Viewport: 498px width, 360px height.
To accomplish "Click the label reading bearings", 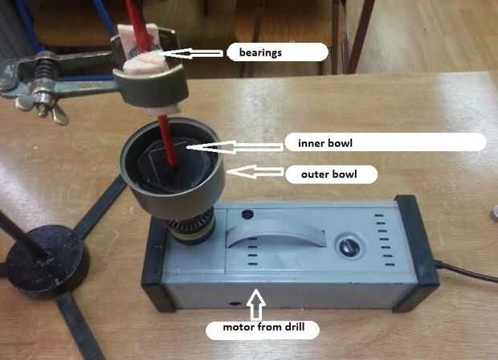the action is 260,52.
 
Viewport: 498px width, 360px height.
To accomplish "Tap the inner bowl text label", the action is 325,143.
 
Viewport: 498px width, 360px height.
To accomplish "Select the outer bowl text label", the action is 329,174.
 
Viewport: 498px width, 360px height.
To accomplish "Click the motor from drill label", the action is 263,327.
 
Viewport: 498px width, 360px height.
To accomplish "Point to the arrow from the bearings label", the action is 191,53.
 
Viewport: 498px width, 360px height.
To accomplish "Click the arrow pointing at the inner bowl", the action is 235,147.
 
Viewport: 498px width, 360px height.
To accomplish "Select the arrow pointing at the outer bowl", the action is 255,172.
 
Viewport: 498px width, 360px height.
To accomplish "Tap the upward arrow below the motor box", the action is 257,305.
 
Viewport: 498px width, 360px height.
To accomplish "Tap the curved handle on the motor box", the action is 276,231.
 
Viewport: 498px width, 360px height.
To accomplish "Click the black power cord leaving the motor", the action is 466,271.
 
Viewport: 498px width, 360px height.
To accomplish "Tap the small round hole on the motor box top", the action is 247,215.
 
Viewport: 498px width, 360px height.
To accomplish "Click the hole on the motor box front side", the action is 235,304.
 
